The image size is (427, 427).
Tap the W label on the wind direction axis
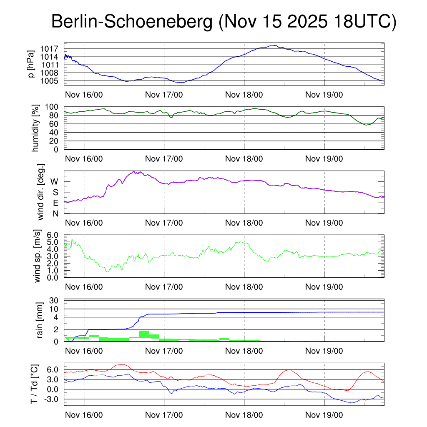(55, 181)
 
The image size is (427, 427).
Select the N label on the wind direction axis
(55, 213)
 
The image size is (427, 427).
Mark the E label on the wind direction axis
(55, 203)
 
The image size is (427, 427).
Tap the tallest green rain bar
(144, 335)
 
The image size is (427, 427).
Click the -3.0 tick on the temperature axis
(53, 399)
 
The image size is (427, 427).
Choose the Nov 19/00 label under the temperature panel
(324, 415)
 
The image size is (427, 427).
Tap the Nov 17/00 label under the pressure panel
(164, 94)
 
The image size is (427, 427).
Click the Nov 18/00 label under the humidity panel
(244, 158)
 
